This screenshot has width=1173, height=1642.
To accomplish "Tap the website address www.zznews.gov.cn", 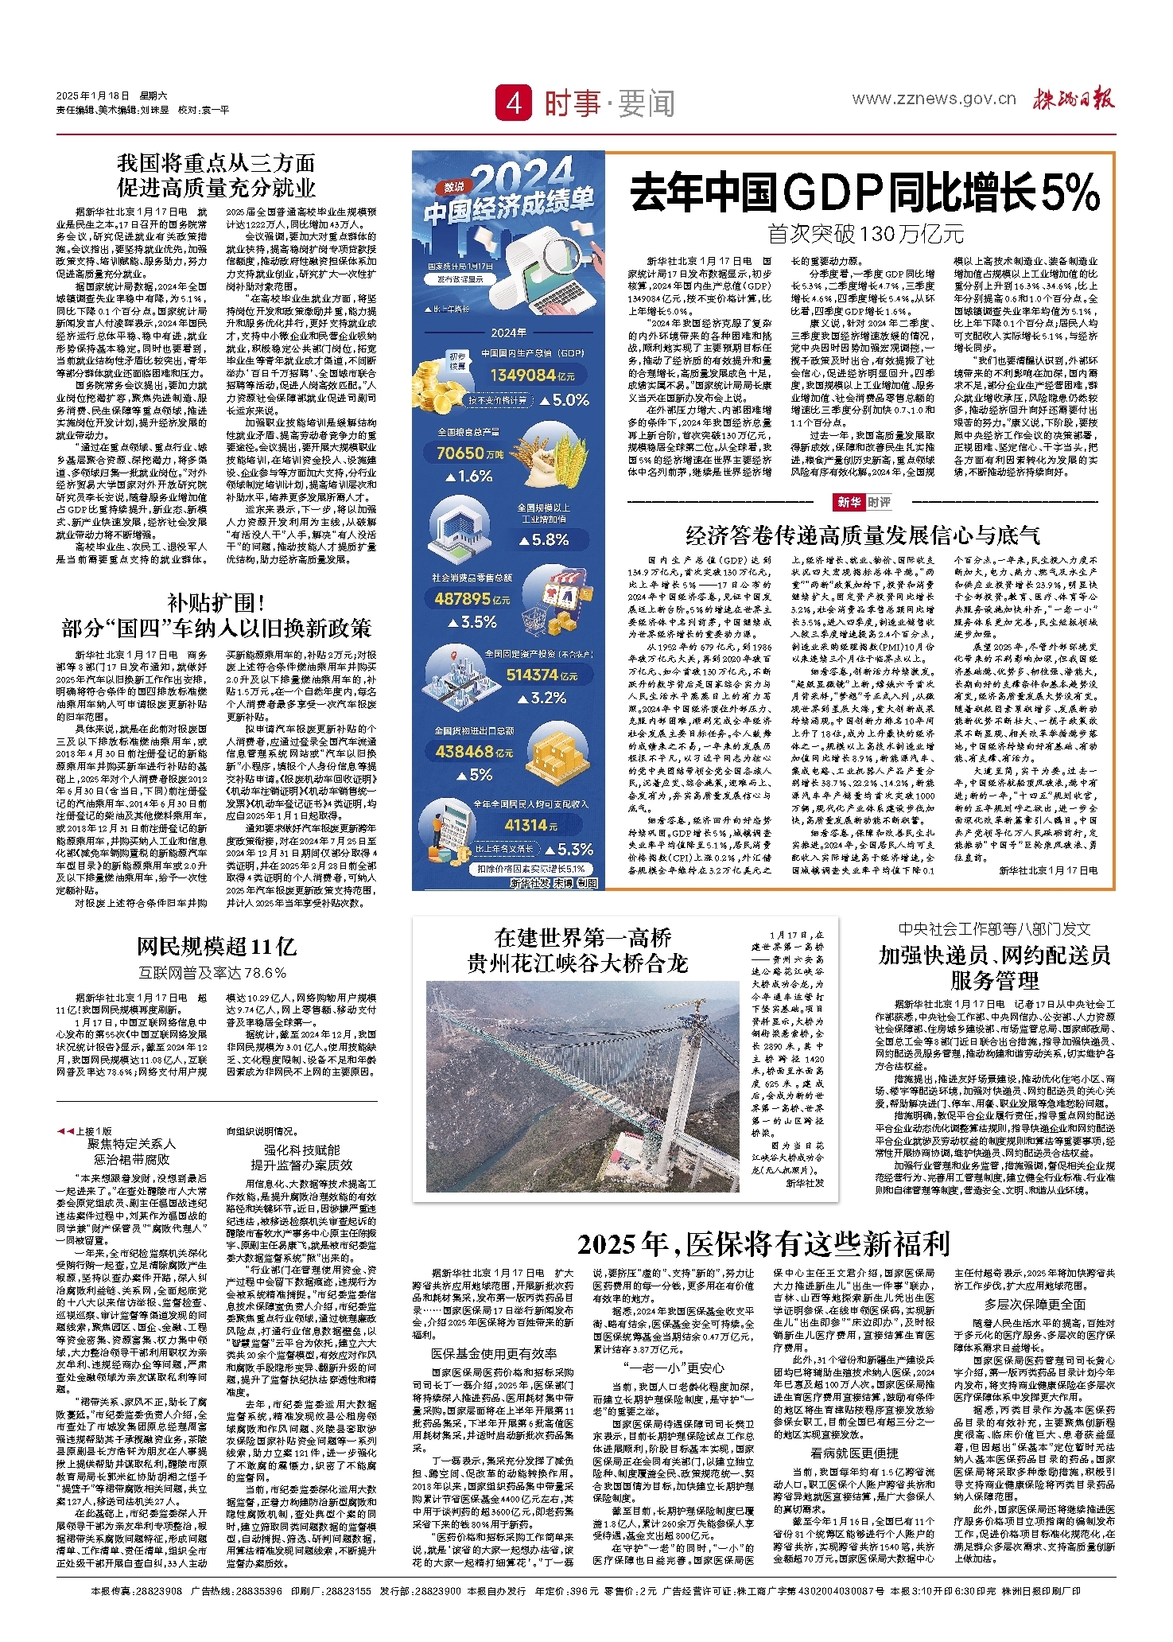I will [x=934, y=99].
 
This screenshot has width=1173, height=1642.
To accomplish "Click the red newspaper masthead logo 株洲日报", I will [x=1074, y=99].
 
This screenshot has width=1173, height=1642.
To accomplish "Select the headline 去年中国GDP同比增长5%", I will [x=864, y=193].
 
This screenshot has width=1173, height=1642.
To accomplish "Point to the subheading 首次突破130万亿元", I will [x=865, y=234].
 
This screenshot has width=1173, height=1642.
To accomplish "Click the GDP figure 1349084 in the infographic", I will [x=522, y=375].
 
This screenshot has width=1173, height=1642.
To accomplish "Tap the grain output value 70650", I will [x=460, y=453].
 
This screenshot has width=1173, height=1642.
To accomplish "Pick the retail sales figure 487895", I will [x=462, y=598].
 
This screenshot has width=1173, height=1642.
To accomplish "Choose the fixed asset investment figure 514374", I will [x=532, y=675].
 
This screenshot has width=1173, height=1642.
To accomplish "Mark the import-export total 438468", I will [x=464, y=751].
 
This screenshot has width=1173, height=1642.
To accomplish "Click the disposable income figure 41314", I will [x=526, y=826].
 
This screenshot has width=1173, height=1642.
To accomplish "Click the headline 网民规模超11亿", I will [x=216, y=947].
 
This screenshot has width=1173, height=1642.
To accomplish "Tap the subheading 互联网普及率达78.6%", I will [x=212, y=972].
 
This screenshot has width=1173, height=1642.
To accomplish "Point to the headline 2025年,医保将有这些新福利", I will [x=763, y=1244].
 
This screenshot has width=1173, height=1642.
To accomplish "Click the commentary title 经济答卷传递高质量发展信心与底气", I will [x=863, y=535].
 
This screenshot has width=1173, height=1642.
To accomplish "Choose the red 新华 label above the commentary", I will [x=849, y=502].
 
